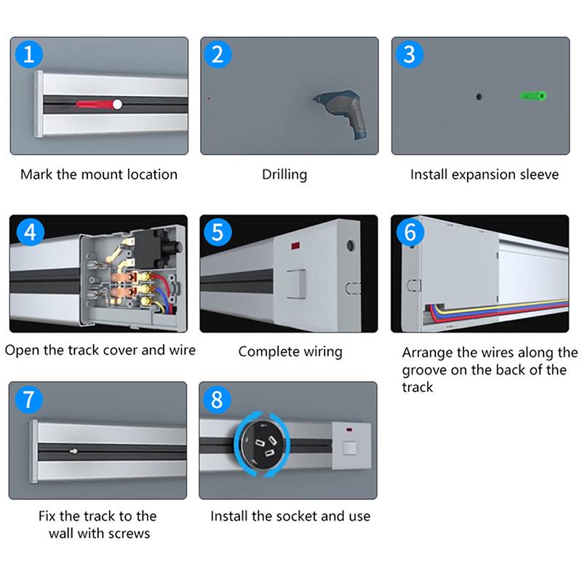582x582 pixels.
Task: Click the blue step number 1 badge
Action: pos(29,55)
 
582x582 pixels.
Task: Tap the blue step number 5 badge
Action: pos(218,233)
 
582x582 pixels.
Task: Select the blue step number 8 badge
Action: pos(218,400)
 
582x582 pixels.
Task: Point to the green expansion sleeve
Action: pos(533,96)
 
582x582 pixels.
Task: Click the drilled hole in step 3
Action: pos(478,96)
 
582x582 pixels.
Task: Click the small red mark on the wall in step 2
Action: pos(209,97)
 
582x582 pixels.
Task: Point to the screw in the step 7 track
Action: pos(75,451)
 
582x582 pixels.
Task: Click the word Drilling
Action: pos(284,175)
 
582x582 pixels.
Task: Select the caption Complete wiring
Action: pos(290,352)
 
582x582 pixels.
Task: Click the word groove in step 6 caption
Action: pos(425,370)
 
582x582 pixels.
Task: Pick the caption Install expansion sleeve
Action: pos(485,175)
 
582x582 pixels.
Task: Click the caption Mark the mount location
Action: pos(99,175)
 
